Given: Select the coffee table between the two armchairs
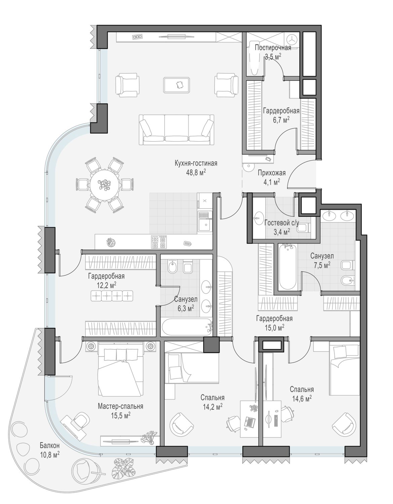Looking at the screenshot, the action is click(x=177, y=85).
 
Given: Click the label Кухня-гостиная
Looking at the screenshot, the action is click(x=196, y=163).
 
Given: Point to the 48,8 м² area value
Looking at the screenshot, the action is click(x=196, y=173).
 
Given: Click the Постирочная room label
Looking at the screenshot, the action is click(x=273, y=48).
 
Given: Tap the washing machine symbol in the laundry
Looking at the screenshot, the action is click(x=291, y=39).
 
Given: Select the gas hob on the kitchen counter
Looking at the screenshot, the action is click(x=159, y=242).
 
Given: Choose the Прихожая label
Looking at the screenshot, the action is click(x=272, y=173).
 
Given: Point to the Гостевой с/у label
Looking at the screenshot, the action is click(x=282, y=223).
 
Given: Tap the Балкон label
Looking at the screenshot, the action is click(x=50, y=445).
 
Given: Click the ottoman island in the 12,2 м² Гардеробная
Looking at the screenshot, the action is click(x=112, y=296).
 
